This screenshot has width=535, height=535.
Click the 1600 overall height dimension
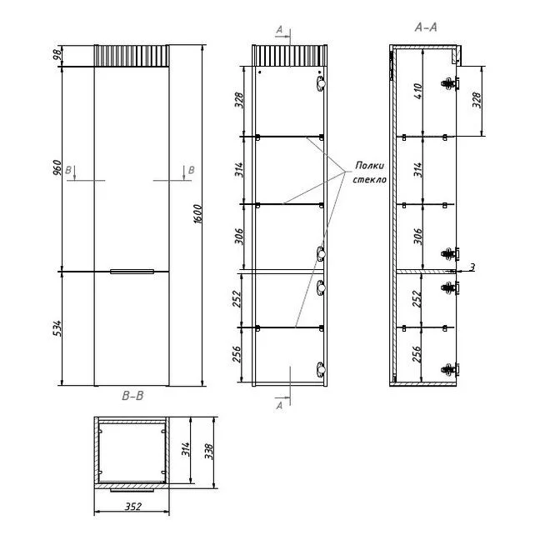(x=197, y=214)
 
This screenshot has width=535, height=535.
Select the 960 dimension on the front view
(x=57, y=167)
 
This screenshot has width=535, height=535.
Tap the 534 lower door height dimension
(x=57, y=328)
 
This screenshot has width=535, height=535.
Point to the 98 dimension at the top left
(x=57, y=55)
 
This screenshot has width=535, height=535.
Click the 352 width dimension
(x=133, y=507)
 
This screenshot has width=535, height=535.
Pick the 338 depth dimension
(x=209, y=451)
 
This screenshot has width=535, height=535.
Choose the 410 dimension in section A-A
(x=418, y=91)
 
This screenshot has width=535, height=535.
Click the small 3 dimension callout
(x=472, y=267)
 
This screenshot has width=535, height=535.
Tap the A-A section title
(x=426, y=27)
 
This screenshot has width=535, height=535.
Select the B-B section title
(x=132, y=396)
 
